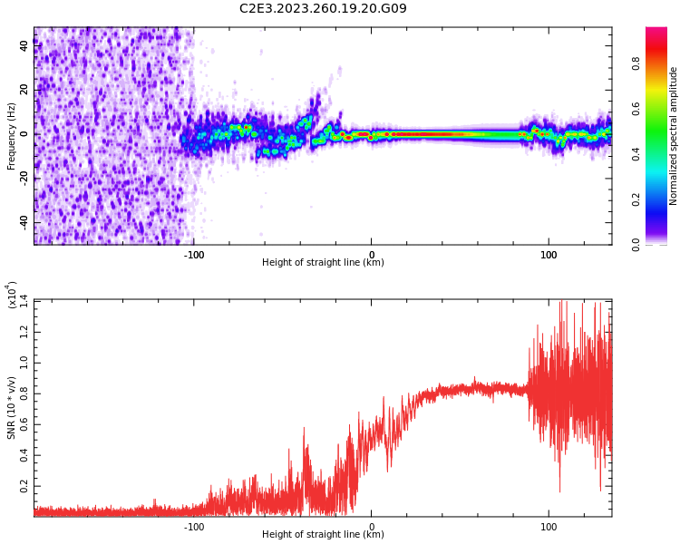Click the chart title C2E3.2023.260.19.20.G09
pos(323,9)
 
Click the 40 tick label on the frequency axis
pos(24,46)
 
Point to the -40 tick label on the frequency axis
pos(23,222)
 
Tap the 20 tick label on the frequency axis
pos(24,90)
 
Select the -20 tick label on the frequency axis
pos(23,179)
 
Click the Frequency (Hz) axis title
pos(12,136)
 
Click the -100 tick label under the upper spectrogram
pos(193,255)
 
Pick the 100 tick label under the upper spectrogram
pos(549,255)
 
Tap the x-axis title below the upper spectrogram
pos(323,263)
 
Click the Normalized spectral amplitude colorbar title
pos(674,136)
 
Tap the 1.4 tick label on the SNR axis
pos(24,299)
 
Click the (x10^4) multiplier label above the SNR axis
pos(12,295)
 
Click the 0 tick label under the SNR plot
pos(371,527)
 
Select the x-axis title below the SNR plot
pos(323,535)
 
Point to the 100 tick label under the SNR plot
pos(549,527)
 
